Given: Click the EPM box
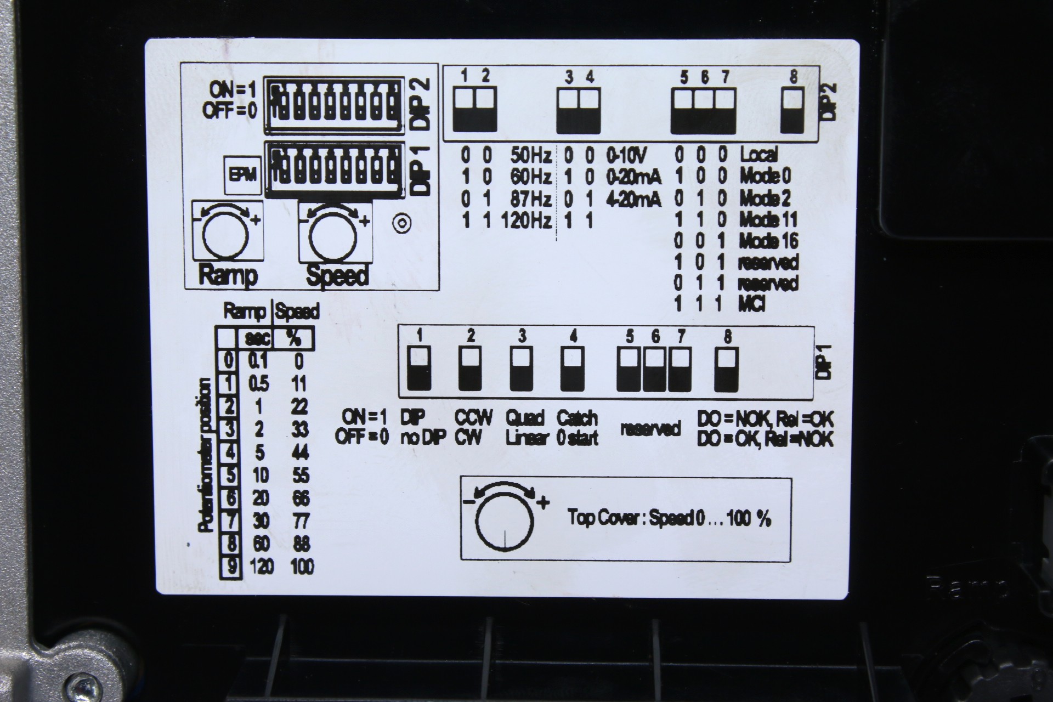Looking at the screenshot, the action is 242,175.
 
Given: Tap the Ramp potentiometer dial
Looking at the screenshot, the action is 225,234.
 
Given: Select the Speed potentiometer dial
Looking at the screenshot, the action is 333,234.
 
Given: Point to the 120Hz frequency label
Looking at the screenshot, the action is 526,221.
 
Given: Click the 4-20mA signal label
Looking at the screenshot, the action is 633,200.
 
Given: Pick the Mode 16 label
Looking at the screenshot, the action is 768,241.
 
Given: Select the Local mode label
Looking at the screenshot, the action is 759,155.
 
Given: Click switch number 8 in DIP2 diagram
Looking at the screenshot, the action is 793,110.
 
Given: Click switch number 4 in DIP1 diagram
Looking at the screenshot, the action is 573,368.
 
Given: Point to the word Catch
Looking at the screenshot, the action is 577,418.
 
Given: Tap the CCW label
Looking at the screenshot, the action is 474,418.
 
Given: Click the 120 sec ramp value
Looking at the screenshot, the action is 262,566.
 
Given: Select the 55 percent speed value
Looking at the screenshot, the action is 300,475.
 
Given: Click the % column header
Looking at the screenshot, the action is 294,339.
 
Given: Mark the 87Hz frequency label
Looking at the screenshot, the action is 530,199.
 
